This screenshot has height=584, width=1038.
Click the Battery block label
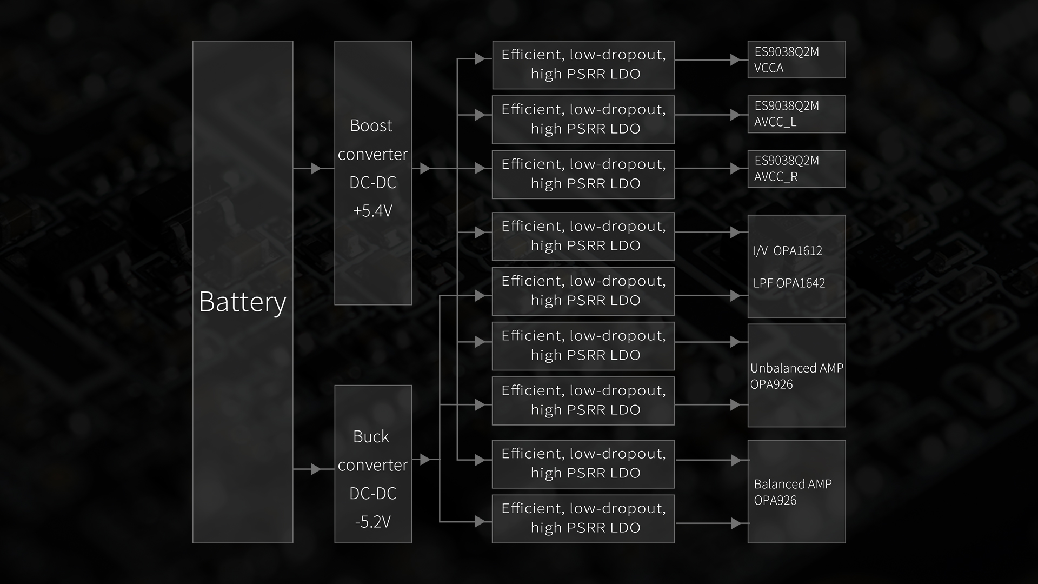coord(242,302)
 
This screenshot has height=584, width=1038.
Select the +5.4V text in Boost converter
coord(372,211)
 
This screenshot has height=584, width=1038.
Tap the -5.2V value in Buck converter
coord(372,522)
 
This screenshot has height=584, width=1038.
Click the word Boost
coord(371,125)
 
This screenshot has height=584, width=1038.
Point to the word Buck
coord(371,436)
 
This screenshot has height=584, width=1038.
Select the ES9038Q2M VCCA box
coord(796,59)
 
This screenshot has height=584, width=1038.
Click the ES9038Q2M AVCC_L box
coord(796,114)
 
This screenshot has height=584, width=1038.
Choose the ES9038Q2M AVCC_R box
coord(796,169)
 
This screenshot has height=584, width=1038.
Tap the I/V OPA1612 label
coord(788,251)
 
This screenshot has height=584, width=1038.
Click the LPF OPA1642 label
coord(789,283)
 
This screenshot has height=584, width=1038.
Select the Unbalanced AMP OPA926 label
coord(796,376)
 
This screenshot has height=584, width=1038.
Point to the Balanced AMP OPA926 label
coord(793,492)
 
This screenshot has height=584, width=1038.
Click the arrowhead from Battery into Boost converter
coord(316,169)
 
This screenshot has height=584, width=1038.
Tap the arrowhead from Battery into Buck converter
coord(316,469)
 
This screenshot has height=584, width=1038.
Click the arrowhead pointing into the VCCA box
coord(735,60)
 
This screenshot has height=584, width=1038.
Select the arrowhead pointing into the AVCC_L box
coord(735,115)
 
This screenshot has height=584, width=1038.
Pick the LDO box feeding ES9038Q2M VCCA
coord(583,65)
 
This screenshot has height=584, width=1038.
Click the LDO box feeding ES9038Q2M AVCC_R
coord(583,174)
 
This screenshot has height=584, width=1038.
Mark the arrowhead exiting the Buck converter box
coord(425,460)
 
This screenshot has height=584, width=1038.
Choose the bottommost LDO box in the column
coord(583,519)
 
